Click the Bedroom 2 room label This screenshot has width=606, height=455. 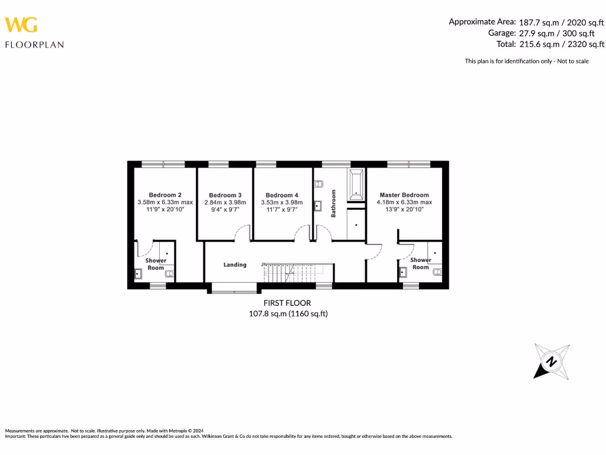click(165, 195)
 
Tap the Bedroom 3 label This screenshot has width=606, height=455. click(225, 195)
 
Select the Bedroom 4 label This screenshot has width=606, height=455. click(282, 195)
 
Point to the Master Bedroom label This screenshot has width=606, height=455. click(404, 195)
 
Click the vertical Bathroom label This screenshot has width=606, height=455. click(334, 203)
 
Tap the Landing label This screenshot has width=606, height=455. click(235, 265)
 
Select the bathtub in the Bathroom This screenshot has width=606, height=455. click(357, 184)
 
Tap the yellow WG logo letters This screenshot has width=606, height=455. click(21, 25)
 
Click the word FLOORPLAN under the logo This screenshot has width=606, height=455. click(34, 44)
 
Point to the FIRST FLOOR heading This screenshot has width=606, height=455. click(288, 303)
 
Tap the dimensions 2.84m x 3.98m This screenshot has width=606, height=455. click(225, 202)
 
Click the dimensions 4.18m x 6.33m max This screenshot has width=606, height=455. click(404, 202)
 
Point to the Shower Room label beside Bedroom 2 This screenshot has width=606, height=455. click(156, 264)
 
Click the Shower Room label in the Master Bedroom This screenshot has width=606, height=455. click(421, 264)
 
